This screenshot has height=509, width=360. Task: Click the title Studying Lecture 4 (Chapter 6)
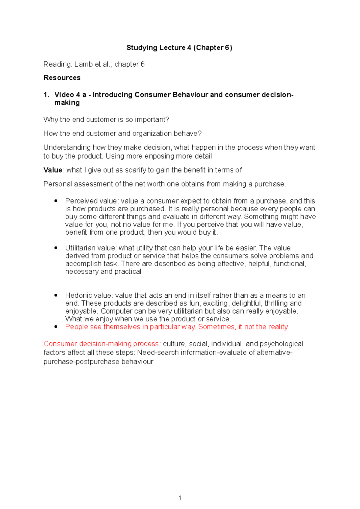(179, 48)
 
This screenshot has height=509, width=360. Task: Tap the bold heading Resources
(62, 78)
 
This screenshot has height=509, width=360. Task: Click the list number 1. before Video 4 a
(46, 95)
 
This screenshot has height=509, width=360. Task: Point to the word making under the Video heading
(67, 103)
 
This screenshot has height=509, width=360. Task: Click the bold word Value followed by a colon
(52, 170)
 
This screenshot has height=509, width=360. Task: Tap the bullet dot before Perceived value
(56, 201)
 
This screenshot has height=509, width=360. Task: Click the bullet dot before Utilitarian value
(56, 248)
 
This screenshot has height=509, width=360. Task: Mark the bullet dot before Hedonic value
(56, 295)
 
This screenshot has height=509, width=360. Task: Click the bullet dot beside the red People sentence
(56, 327)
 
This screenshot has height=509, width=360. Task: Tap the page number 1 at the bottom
(180, 498)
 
